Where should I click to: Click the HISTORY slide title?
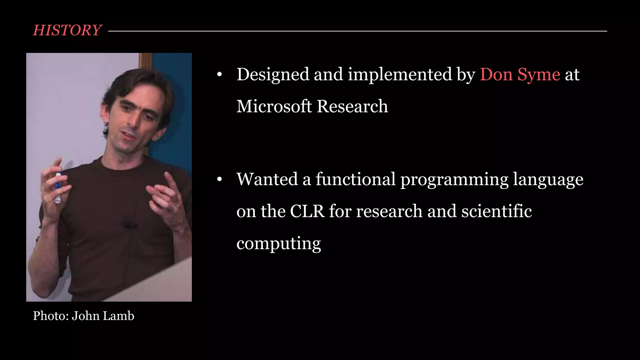(67, 30)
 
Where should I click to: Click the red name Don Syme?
(520, 75)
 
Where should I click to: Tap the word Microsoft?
(274, 106)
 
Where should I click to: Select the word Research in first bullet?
(352, 106)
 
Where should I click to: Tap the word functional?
(355, 179)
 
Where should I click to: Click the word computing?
(278, 243)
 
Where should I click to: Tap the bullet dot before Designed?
(219, 75)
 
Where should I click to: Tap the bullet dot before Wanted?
(219, 179)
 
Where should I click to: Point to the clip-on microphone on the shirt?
(128, 224)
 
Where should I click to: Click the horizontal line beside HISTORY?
(356, 31)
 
